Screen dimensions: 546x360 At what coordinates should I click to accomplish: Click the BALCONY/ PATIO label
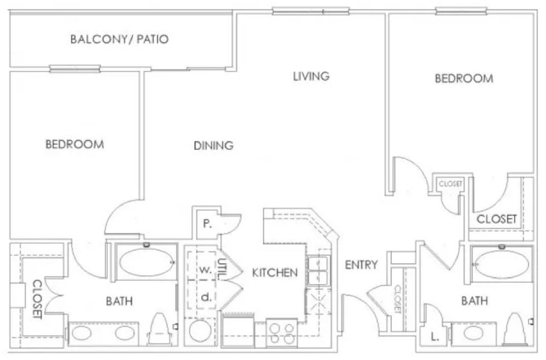[120, 39]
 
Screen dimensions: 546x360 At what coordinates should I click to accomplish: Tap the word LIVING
[311, 77]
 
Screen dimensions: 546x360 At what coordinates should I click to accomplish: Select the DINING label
[214, 146]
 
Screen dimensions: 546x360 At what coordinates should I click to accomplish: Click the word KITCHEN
[275, 273]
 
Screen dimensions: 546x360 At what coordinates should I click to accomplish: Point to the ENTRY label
[361, 265]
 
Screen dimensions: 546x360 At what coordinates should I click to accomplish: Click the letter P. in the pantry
[207, 224]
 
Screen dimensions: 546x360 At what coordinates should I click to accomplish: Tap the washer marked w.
[205, 269]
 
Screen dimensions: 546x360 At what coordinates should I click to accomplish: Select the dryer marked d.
[206, 297]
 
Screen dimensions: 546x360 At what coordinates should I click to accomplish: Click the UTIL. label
[221, 269]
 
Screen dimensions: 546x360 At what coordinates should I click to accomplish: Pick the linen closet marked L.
[434, 336]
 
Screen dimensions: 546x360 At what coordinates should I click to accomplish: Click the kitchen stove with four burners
[281, 333]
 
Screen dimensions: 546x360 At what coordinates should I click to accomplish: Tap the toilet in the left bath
[160, 329]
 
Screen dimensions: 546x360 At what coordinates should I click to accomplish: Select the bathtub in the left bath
[147, 262]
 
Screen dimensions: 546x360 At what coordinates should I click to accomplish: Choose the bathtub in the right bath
[502, 264]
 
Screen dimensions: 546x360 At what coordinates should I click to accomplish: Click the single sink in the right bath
[473, 334]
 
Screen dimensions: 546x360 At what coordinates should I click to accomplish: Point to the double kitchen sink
[318, 270]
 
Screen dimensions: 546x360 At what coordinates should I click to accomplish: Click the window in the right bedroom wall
[460, 11]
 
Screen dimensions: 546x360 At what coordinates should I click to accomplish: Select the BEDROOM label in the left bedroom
[74, 144]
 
